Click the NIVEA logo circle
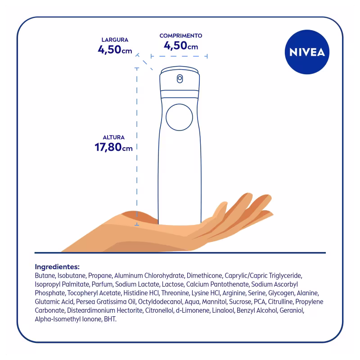coord(307,52)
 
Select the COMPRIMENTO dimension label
coord(181,36)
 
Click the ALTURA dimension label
coord(114,137)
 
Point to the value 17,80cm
coord(113,147)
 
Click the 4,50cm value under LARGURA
coord(115,49)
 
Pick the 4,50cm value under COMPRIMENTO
coord(181,45)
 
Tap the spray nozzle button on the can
coord(180,78)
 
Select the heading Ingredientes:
coord(57,266)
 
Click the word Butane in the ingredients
coord(45,275)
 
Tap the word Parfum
coord(103,284)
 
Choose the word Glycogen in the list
coord(281,293)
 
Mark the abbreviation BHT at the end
coord(110,319)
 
